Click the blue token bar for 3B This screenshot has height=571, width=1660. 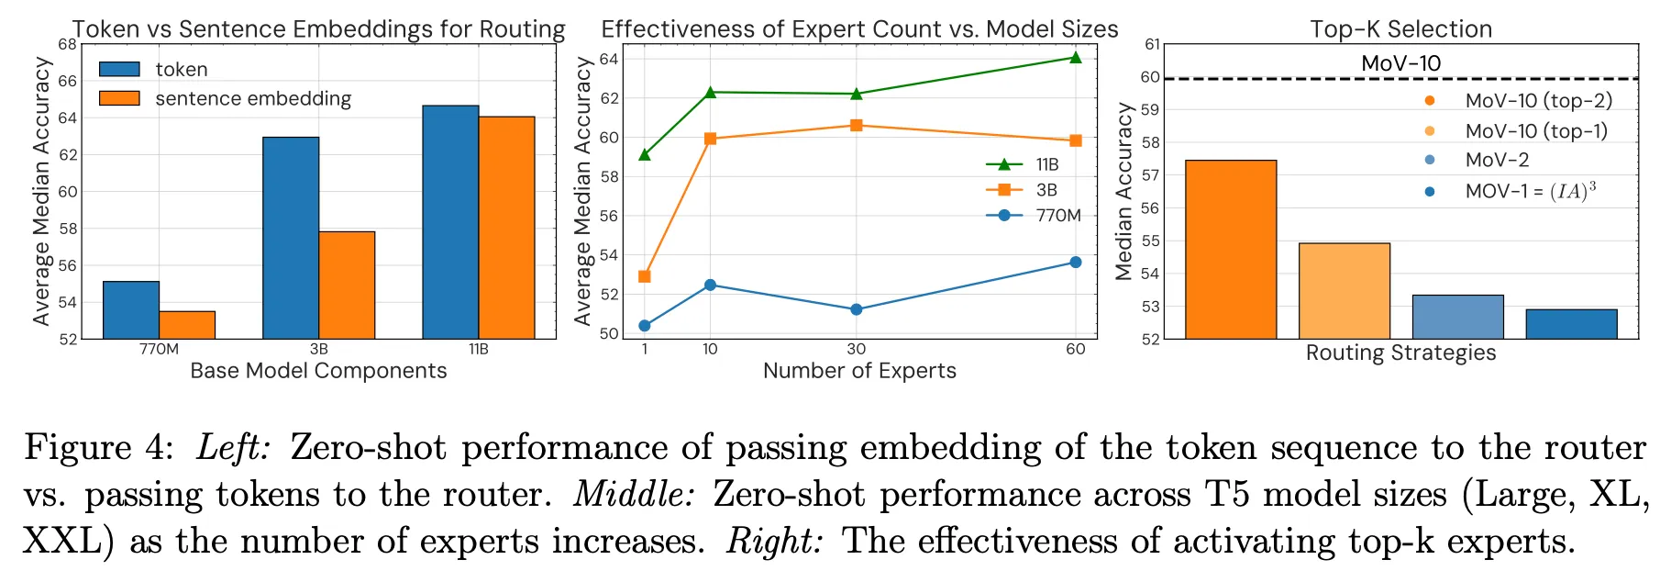point(291,238)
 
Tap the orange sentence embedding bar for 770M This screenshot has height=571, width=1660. point(187,325)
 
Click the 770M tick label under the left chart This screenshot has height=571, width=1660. point(159,350)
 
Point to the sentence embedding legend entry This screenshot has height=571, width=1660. point(252,99)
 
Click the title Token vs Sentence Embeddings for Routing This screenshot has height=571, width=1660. point(318,29)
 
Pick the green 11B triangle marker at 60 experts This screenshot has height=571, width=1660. point(1076,58)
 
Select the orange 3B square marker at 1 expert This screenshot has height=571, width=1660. point(645,276)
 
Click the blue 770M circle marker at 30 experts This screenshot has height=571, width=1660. point(857,309)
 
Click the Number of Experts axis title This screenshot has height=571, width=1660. point(859,371)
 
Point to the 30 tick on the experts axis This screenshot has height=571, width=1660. point(857,350)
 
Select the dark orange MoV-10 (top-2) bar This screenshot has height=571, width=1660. point(1231,250)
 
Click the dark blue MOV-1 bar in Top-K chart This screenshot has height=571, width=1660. point(1571,324)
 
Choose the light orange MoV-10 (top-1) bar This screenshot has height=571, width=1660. point(1345,291)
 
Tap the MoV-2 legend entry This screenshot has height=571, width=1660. point(1497,161)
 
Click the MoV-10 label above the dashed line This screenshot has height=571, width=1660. point(1400,63)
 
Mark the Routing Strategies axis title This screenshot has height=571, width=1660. point(1400,353)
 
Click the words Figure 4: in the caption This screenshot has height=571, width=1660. point(99,448)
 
